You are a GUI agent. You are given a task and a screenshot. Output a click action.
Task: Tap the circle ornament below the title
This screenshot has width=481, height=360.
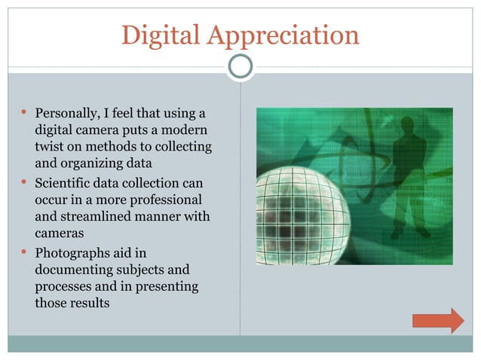240,67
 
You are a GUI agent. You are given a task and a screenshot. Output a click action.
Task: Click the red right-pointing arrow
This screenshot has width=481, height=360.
438,320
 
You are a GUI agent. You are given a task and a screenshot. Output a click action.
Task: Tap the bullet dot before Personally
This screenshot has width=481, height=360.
24,114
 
